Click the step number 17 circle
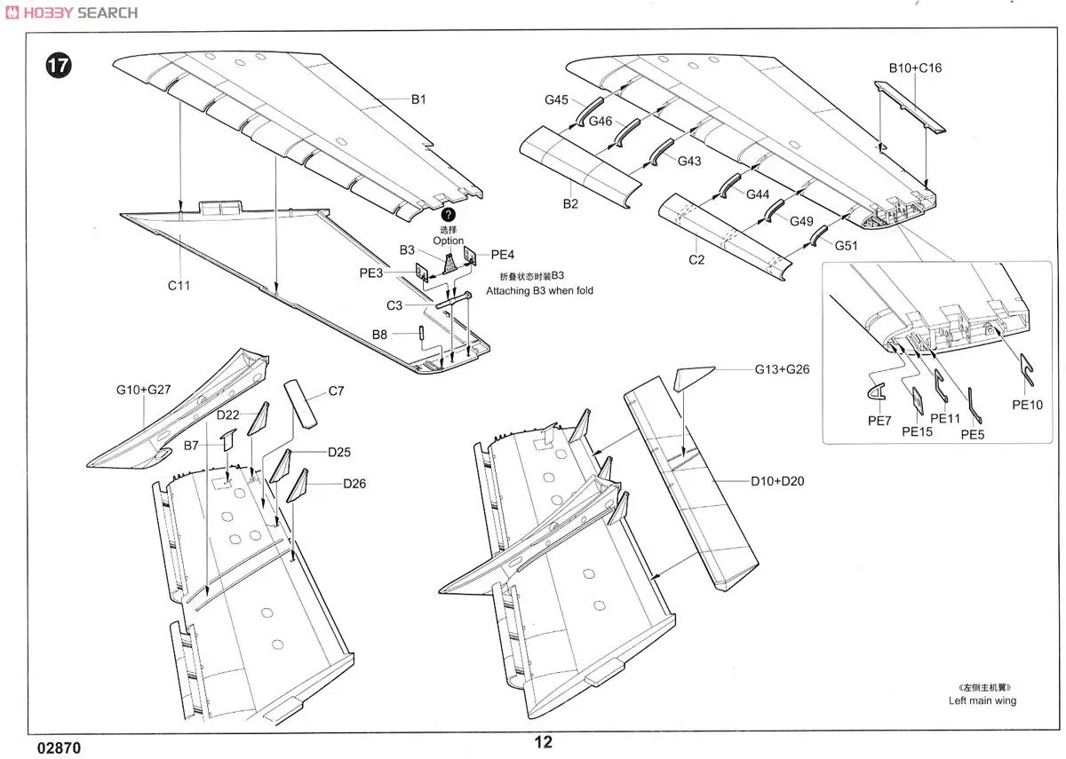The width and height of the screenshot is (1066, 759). coord(58,67)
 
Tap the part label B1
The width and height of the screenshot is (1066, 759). coord(418,99)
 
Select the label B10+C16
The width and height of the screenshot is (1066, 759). coord(916,67)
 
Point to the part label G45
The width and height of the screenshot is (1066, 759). coord(557,100)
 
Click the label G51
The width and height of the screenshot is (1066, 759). coord(846,246)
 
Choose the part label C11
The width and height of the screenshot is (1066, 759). coord(178,286)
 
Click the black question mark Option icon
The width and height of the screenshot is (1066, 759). coord(449,215)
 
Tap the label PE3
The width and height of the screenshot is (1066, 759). coord(371,273)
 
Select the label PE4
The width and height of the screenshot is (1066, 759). coord(503,255)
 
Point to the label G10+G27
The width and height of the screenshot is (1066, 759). coord(144,389)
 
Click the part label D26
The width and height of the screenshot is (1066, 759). coord(354,484)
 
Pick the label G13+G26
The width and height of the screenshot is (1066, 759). coord(782,368)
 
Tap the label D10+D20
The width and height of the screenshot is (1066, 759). coord(778,481)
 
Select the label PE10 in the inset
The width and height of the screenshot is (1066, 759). coord(1027,405)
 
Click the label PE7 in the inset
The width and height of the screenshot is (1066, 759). coord(879,421)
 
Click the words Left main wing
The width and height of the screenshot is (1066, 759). coord(982,700)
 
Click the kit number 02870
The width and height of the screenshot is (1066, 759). coord(60,747)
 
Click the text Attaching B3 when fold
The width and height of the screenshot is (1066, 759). coord(539,290)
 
